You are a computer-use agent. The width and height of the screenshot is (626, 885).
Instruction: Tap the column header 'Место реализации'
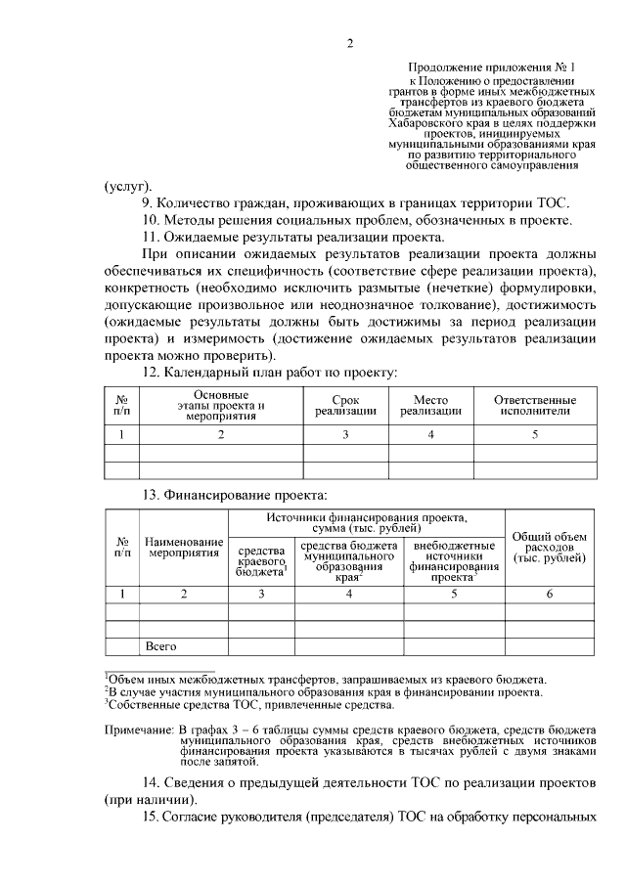(430, 406)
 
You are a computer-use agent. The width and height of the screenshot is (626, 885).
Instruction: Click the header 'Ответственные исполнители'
(534, 406)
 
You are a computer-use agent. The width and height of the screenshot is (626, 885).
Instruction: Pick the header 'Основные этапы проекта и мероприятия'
(221, 406)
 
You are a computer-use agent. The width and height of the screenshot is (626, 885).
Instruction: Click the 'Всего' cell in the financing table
(160, 646)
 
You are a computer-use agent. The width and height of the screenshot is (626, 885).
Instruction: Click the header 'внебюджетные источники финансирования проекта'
(453, 561)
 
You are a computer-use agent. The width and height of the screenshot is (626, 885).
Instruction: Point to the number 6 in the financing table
(549, 594)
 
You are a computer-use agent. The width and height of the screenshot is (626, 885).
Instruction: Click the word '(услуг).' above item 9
(128, 184)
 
